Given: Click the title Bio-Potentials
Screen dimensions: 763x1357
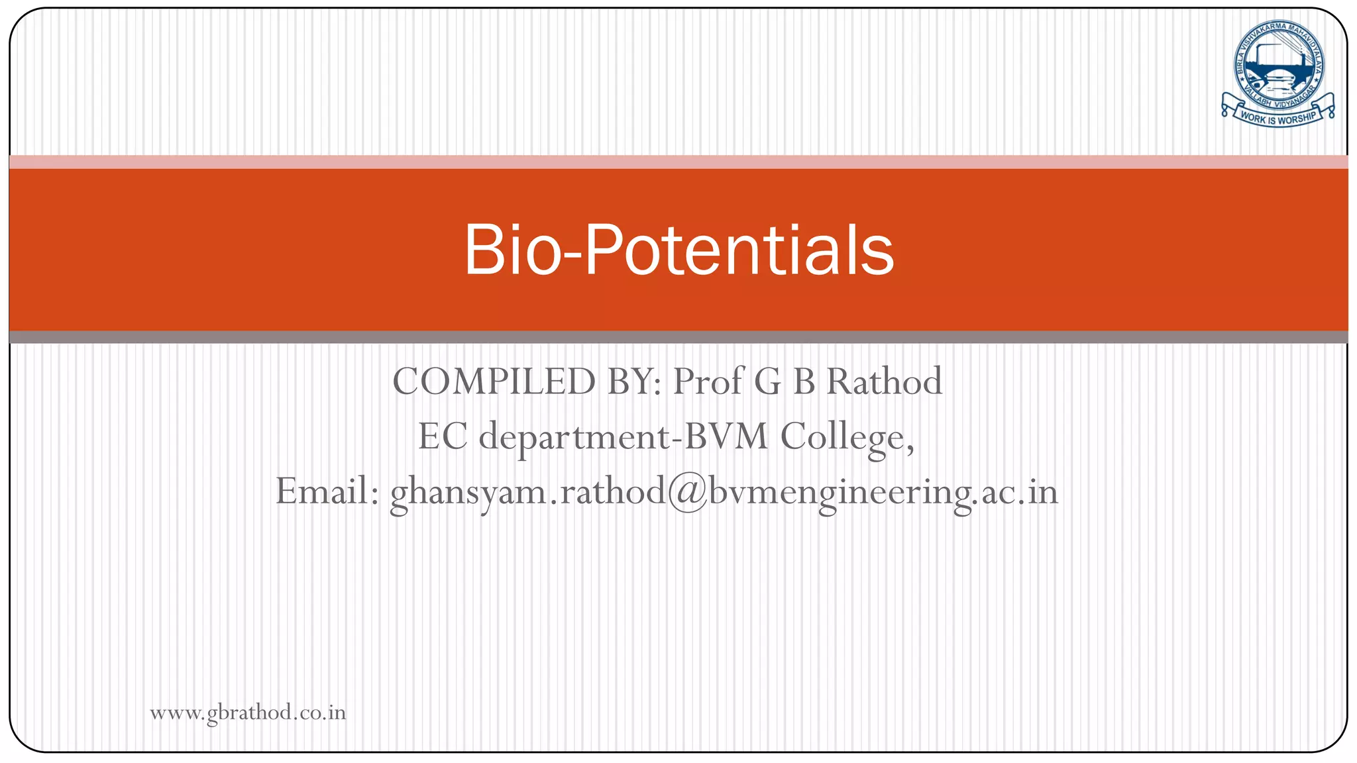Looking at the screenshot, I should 678,250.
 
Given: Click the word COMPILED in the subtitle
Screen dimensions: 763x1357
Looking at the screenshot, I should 494,381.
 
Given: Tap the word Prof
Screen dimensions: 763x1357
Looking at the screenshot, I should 708,381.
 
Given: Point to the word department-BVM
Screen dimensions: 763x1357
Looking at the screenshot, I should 624,437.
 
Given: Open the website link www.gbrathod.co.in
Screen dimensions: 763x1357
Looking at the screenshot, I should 248,713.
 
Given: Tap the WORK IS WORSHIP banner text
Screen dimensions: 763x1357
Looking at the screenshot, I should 1278,119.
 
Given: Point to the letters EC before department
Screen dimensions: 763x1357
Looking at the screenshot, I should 443,437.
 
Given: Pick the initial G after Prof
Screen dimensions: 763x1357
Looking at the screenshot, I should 768,381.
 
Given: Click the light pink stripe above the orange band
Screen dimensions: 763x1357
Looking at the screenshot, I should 678,162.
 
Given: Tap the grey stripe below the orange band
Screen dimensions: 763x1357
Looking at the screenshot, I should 678,337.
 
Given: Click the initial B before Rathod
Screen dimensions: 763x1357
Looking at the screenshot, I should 804,381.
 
